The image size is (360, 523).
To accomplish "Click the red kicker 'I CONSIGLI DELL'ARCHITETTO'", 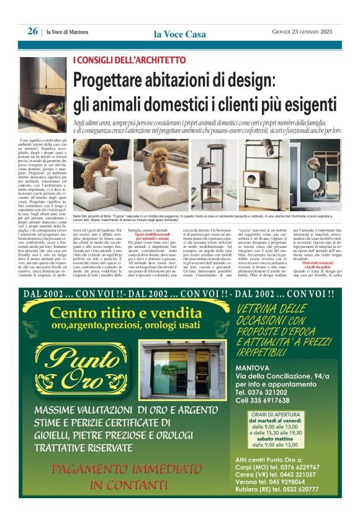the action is pos(129,60).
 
